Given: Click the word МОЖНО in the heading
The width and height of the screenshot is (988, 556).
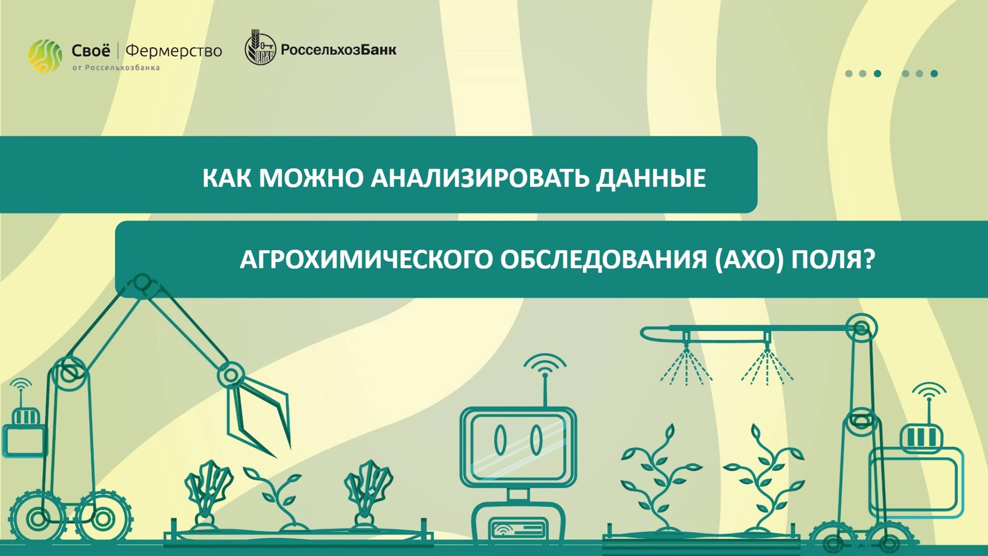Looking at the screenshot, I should click(x=311, y=178).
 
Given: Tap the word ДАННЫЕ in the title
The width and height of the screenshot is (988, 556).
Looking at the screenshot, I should click(x=651, y=178).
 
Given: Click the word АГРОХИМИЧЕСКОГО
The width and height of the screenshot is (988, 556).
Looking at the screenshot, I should click(x=366, y=259).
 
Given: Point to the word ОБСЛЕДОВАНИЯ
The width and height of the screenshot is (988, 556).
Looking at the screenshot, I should click(x=604, y=259).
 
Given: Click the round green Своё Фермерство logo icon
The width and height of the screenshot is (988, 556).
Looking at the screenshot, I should click(x=45, y=56).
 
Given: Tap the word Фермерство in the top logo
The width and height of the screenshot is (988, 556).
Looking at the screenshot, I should click(x=174, y=51).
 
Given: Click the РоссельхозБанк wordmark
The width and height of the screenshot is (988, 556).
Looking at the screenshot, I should click(x=338, y=50).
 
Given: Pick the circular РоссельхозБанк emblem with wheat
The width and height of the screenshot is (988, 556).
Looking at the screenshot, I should click(x=260, y=49).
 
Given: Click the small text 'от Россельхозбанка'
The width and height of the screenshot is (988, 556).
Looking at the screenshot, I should click(x=116, y=68).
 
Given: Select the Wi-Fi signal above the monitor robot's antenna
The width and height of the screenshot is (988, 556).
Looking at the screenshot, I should click(x=545, y=364).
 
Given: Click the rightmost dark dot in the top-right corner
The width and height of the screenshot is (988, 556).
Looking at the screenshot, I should click(x=934, y=74).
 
